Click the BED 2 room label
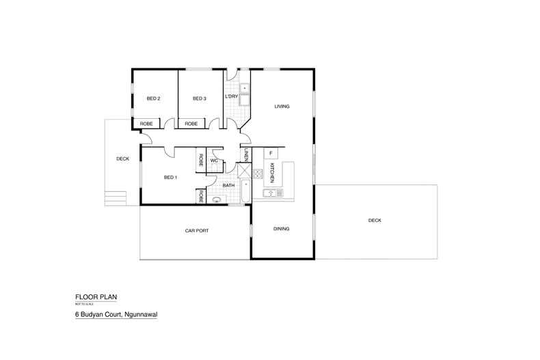click(x=154, y=98)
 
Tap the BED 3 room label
click(x=199, y=98)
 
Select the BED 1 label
click(x=171, y=178)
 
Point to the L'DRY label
click(x=231, y=98)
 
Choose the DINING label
click(x=282, y=229)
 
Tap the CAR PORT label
click(x=196, y=231)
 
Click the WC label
click(x=214, y=161)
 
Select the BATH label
click(x=229, y=185)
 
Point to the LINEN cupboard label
click(x=245, y=156)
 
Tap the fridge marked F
click(x=271, y=152)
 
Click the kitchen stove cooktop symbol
click(x=258, y=173)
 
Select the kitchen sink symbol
click(x=271, y=193)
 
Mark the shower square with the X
click(x=244, y=170)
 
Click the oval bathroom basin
click(x=217, y=200)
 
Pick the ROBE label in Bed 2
click(x=146, y=124)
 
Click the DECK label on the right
click(x=375, y=221)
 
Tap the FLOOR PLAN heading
click(x=96, y=297)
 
